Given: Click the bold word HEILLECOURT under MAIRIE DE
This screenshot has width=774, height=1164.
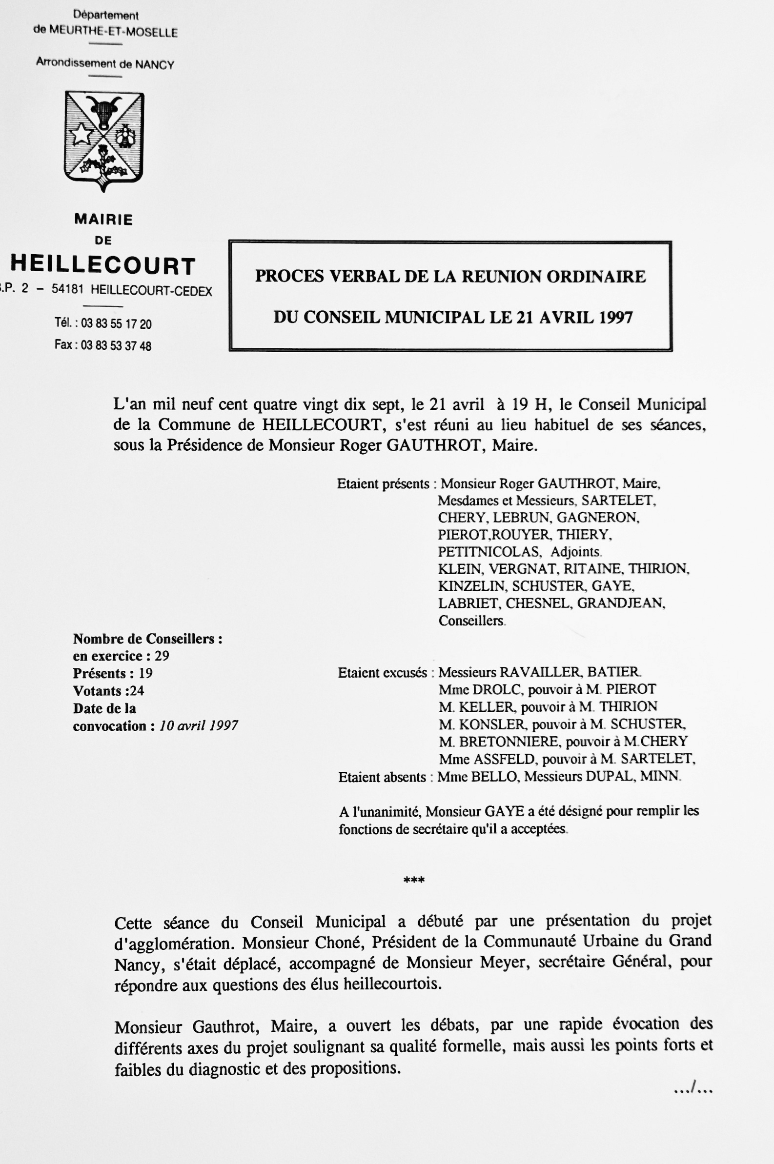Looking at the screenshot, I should click(103, 265).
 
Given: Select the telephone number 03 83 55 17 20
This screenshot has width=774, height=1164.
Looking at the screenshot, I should click(116, 324).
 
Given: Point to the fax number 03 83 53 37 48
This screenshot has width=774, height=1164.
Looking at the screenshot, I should click(116, 345).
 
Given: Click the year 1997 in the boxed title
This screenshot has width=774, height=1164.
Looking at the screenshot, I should click(615, 317).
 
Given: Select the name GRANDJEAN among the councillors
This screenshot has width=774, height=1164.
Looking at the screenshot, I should click(620, 603).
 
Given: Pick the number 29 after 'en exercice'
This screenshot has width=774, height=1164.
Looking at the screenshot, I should click(162, 656).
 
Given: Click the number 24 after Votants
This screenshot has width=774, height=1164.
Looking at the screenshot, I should click(137, 691).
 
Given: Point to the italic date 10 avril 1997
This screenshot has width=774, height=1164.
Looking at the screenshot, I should click(199, 726).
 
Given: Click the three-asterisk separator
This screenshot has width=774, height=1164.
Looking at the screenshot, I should click(414, 880).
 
